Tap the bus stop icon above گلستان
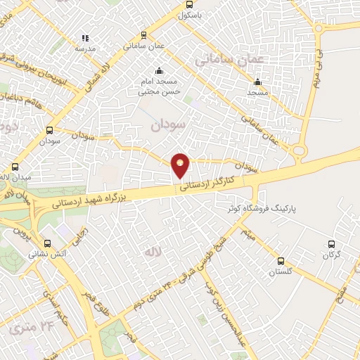click(x=281, y=259)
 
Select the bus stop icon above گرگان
click(x=332, y=244)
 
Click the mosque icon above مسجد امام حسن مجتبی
click(x=159, y=71)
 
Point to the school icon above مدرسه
click(x=85, y=38)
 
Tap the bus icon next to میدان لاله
click(x=15, y=167)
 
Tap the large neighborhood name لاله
click(x=153, y=252)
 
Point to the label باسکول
click(x=190, y=14)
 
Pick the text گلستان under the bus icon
click(x=281, y=271)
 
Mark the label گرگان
click(x=332, y=256)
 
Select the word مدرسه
click(x=85, y=49)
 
